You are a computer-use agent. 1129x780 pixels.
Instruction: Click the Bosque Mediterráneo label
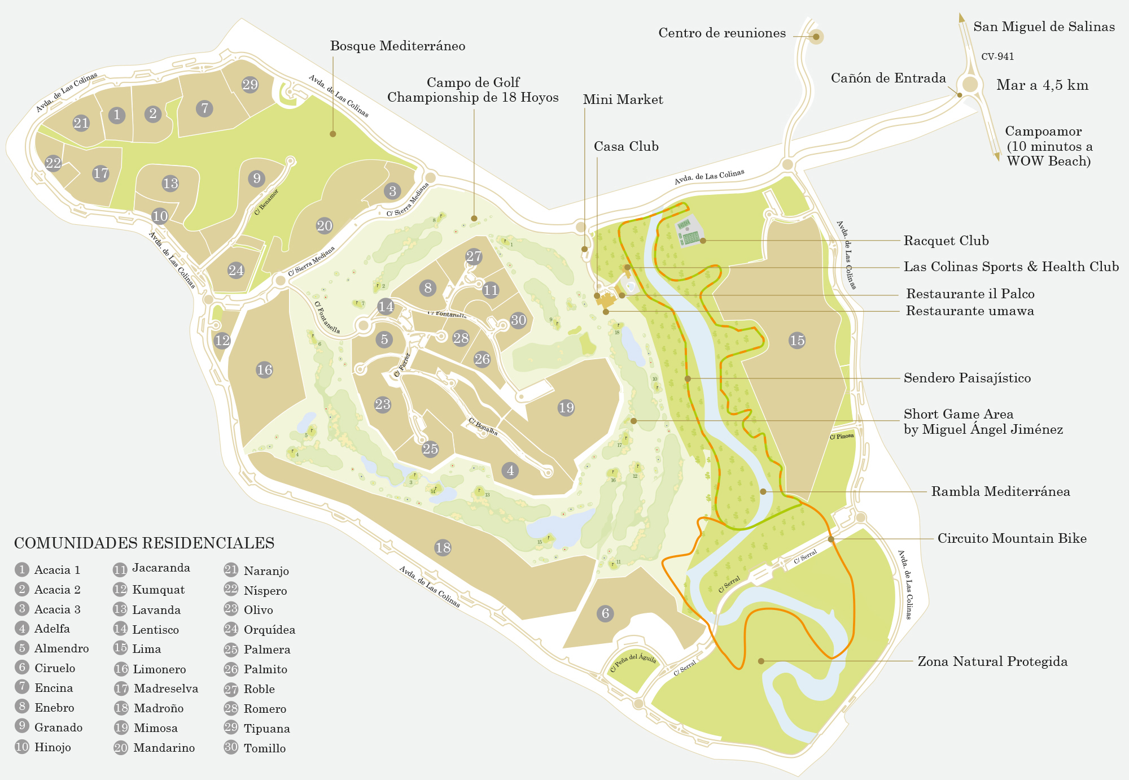pos(397,46)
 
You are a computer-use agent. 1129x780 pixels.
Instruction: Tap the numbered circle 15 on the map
pos(797,341)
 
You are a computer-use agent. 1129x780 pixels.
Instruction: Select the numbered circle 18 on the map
pos(443,547)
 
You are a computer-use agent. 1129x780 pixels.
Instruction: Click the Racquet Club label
pos(946,241)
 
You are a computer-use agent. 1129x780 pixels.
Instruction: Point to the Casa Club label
pos(626,147)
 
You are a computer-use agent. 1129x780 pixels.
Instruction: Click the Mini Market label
pos(623,100)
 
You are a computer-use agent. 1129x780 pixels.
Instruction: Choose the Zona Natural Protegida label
pos(992,661)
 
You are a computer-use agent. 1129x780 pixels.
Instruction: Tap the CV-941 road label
pos(997,56)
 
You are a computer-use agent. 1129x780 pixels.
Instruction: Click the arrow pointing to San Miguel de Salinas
pos(961,18)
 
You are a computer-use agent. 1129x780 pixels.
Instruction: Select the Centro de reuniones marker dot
pos(816,37)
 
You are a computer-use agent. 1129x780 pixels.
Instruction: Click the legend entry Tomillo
pos(264,748)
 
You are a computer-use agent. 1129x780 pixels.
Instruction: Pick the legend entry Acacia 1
pos(57,570)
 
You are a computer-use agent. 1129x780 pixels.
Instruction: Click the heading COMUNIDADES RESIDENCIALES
pos(144,543)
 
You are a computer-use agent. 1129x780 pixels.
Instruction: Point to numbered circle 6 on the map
pos(605,613)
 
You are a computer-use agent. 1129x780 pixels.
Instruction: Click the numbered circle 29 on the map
pos(250,85)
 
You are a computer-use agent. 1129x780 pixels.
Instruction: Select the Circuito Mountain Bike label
pos(1012,539)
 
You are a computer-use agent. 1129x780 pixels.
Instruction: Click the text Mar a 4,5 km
pos(1042,85)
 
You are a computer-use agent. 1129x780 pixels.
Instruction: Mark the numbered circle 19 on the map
pos(566,408)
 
